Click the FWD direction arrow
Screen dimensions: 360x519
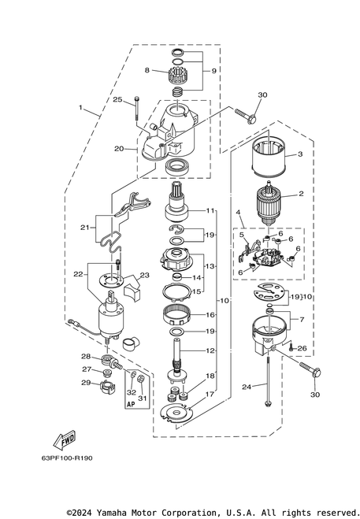point(65,440)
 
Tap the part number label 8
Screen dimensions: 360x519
point(147,70)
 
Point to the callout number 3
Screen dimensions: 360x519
point(300,154)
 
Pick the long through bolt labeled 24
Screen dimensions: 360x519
point(269,381)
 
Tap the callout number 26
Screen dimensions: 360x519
point(302,348)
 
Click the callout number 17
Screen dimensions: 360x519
point(210,394)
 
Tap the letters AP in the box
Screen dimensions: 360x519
point(131,404)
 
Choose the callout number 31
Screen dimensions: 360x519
point(142,399)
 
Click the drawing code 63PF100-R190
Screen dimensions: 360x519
point(67,458)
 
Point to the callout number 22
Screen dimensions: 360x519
point(78,274)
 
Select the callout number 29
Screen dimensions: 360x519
point(86,383)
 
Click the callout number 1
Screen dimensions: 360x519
point(80,107)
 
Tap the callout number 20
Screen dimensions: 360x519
point(119,149)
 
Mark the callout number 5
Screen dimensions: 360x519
point(241,235)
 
